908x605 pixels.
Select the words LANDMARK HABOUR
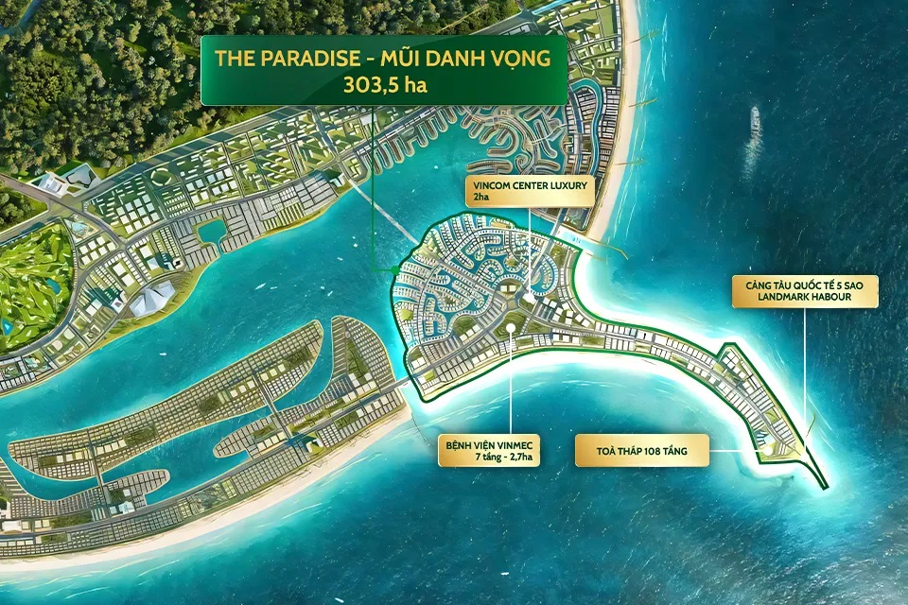805,298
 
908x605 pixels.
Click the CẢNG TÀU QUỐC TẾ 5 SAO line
805,284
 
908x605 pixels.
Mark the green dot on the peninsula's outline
394,270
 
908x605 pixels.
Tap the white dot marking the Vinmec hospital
511,329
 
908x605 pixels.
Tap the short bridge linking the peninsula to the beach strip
409,380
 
